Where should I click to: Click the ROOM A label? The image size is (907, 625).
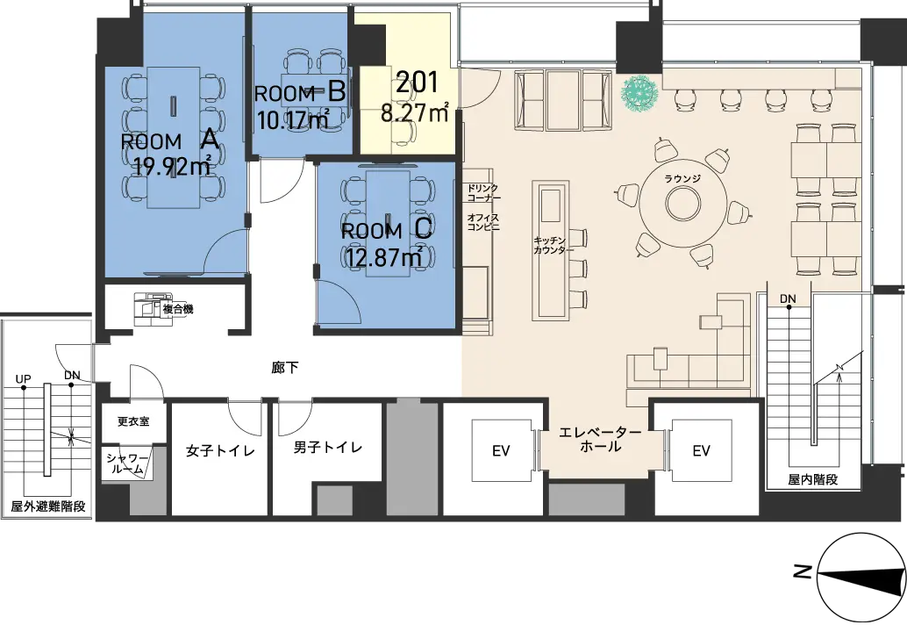pyautogui.click(x=170, y=140)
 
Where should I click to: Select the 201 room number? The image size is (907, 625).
pyautogui.click(x=417, y=83)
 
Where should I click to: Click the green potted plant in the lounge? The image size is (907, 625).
pyautogui.click(x=639, y=93)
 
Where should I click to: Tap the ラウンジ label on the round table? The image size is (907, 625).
pyautogui.click(x=682, y=179)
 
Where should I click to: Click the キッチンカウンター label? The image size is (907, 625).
pyautogui.click(x=553, y=246)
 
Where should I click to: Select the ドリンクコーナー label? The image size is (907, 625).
pyautogui.click(x=483, y=193)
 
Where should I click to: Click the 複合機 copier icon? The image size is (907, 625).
pyautogui.click(x=148, y=308)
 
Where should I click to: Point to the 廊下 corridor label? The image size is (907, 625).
pyautogui.click(x=285, y=368)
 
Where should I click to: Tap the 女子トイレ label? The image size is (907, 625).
pyautogui.click(x=220, y=451)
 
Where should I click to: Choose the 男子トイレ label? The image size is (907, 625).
pyautogui.click(x=327, y=448)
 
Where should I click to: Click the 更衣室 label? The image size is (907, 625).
pyautogui.click(x=133, y=421)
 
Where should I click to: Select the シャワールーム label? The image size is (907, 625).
pyautogui.click(x=126, y=464)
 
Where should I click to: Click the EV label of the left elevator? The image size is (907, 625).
pyautogui.click(x=501, y=451)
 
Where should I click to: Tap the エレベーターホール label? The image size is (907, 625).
pyautogui.click(x=600, y=439)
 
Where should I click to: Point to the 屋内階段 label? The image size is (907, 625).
pyautogui.click(x=812, y=480)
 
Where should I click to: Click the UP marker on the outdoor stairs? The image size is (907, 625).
pyautogui.click(x=23, y=379)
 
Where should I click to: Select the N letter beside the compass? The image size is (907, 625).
pyautogui.click(x=802, y=572)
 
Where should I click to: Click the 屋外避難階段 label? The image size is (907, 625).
pyautogui.click(x=48, y=506)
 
